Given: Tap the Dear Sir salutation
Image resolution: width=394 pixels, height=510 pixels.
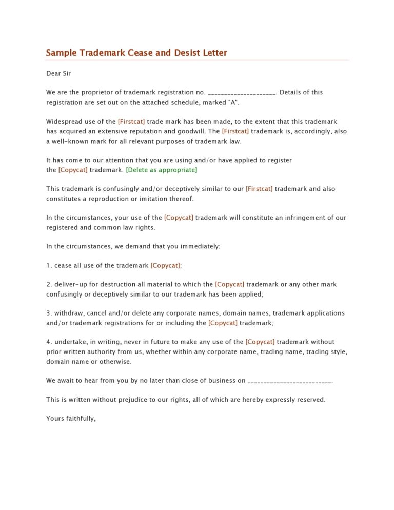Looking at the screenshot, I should [58, 73].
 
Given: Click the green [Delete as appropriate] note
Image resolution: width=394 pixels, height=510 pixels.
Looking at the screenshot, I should [161, 170].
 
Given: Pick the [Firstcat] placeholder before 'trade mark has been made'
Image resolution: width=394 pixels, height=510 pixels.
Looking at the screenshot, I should [131, 122].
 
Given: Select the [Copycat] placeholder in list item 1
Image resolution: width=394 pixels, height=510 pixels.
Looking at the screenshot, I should [166, 265].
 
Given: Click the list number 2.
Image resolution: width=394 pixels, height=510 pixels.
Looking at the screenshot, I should [49, 284].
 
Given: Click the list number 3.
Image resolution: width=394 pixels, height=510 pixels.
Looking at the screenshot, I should [49, 313].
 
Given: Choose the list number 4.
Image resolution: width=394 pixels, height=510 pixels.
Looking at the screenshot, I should [49, 342].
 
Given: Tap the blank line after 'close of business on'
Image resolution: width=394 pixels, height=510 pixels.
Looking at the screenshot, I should [290, 381].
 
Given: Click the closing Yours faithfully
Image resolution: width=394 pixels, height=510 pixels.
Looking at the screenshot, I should [71, 419].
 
